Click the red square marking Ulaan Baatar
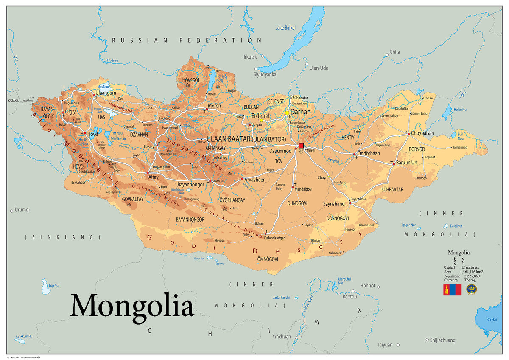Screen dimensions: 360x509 point(301,146)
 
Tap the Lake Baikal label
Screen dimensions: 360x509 point(285,28)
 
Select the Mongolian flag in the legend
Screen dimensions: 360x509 point(452,290)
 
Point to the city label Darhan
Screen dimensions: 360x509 point(300,112)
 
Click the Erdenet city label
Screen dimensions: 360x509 point(260,116)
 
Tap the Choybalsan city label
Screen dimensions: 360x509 point(422,133)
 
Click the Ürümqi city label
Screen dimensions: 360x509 point(22,210)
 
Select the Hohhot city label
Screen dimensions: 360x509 point(367,286)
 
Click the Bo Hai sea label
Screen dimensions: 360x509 point(492,319)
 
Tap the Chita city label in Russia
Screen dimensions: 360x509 point(394,52)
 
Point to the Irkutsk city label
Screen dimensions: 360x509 point(250,56)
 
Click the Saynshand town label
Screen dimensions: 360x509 point(334,204)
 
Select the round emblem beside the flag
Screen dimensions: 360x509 point(471,290)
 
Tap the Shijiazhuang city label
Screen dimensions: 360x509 point(442,340)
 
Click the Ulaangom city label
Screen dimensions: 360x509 point(106,93)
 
